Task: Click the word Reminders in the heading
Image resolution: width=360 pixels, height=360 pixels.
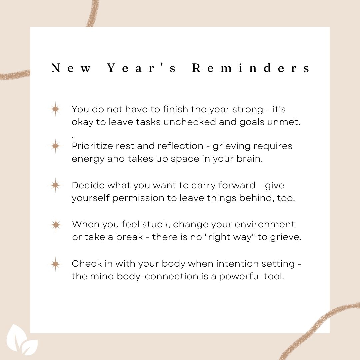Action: coord(251,68)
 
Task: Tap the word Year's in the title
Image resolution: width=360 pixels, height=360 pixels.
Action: coord(142,68)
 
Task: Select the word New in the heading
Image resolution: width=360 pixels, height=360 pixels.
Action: coord(71,68)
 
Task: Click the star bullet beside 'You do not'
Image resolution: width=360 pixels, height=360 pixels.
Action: coord(55,109)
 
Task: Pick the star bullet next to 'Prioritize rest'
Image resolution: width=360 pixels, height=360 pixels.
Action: coord(55,146)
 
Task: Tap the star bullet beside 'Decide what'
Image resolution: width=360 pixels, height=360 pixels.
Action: coord(55,185)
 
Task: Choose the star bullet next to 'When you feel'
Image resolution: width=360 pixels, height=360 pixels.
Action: coord(55,225)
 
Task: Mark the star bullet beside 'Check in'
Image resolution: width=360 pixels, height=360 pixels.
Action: coord(55,264)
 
